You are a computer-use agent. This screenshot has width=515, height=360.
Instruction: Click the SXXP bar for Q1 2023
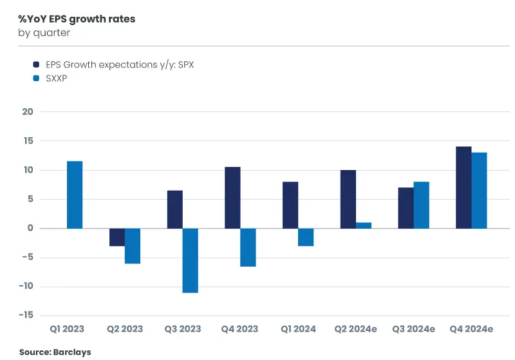coord(75,194)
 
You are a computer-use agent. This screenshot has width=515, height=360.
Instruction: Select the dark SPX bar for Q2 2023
coord(117,237)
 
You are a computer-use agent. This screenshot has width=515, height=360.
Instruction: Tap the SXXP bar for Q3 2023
coord(190,260)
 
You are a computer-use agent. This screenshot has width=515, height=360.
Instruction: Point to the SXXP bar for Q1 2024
coord(306,237)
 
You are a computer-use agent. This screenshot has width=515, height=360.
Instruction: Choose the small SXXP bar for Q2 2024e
coord(364,225)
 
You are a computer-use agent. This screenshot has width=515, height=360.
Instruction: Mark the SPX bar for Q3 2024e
coord(406,208)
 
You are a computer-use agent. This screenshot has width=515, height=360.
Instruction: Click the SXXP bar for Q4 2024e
coord(479,191)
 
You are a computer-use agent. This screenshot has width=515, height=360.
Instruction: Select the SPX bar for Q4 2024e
coord(464,187)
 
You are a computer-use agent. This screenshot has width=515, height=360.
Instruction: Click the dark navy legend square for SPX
coord(37,64)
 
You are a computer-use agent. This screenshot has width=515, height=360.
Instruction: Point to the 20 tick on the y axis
coord(27,111)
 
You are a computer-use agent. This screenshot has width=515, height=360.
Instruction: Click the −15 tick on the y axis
coord(25,315)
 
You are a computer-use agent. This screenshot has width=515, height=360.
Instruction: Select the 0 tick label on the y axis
coord(30,228)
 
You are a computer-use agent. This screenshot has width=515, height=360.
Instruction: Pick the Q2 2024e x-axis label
coord(355,329)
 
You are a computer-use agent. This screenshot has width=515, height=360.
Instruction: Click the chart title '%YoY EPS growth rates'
coord(77,19)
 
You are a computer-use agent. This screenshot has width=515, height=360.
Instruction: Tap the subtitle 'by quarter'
coord(44,33)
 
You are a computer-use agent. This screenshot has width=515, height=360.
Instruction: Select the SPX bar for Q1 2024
coord(290,205)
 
